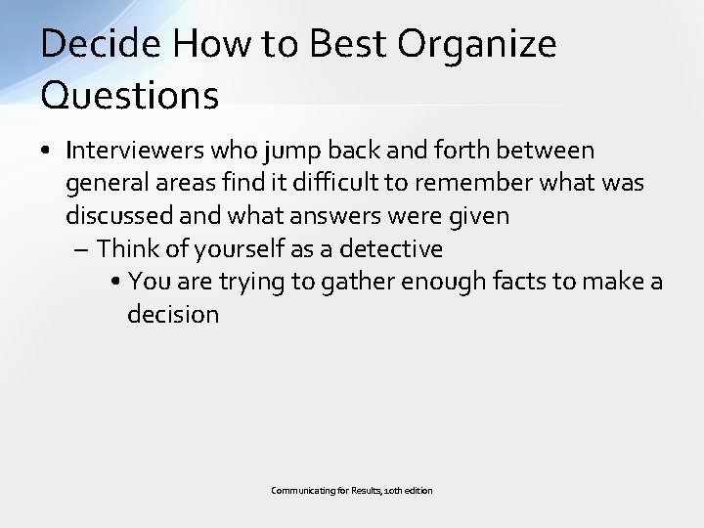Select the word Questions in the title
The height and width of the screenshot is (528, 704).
130,95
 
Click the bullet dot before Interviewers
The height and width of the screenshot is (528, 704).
47,152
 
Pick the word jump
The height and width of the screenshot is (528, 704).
293,151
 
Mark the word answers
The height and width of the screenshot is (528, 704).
330,216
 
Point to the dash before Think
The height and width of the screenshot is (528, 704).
82,249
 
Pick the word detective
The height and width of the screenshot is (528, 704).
391,248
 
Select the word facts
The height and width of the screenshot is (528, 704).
524,282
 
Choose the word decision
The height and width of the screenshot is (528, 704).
173,314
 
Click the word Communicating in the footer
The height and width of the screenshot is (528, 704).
303,490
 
